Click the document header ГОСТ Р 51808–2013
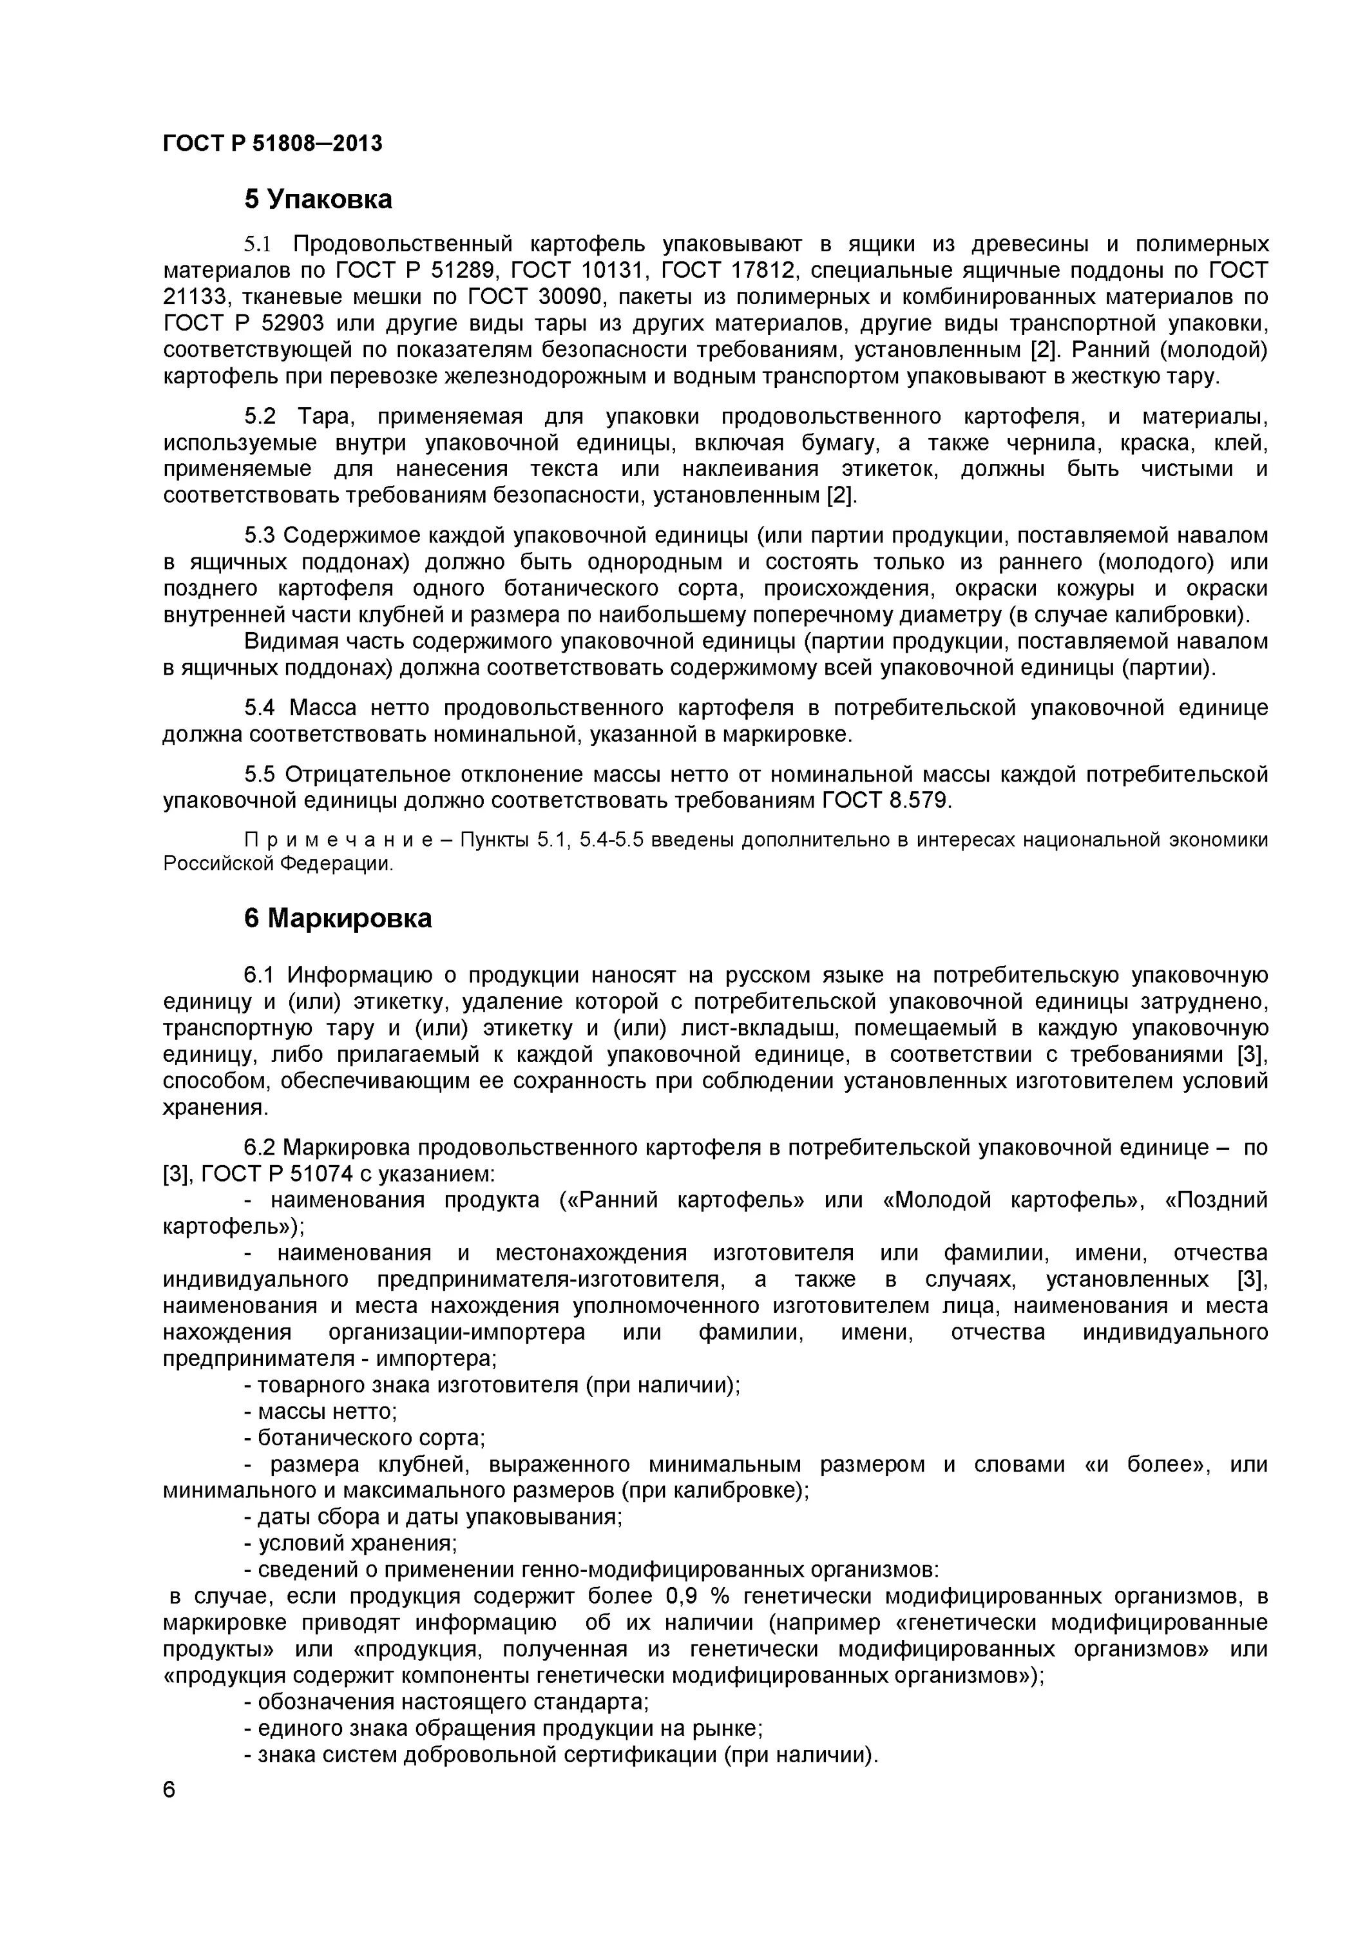point(272,144)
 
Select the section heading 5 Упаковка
point(318,200)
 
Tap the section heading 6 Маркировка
point(338,919)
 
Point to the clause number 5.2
point(259,417)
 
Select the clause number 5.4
point(259,708)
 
